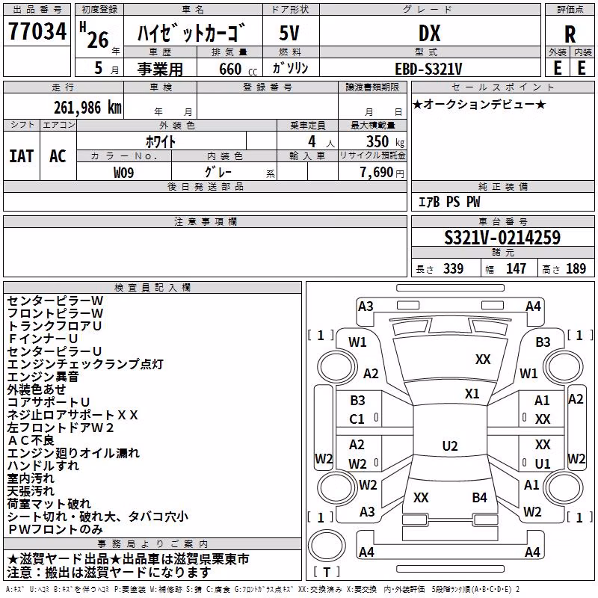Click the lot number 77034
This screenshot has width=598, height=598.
tap(37, 31)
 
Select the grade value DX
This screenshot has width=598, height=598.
tap(429, 33)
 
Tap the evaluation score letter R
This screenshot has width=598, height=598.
tap(570, 34)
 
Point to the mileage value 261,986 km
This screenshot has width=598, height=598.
tap(87, 108)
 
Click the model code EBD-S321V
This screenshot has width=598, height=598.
tap(428, 69)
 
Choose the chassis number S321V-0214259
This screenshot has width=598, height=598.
tap(502, 238)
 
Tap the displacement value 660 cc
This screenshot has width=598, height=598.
tap(238, 69)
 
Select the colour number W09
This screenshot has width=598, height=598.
tap(123, 173)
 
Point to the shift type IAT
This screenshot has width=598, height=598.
tap(22, 156)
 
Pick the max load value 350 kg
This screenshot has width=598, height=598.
tap(385, 141)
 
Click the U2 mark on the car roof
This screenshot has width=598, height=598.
tap(450, 446)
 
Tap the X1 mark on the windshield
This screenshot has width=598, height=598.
tap(472, 394)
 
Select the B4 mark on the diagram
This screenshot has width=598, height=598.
tap(479, 497)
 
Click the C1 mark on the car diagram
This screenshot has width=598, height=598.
tap(357, 419)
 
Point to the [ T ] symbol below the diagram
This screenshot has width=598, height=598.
tap(327, 572)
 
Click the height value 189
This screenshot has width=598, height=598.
tap(576, 268)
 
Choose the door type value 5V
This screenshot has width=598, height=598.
tap(289, 33)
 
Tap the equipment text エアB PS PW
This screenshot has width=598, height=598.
tap(449, 202)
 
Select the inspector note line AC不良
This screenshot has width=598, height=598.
tap(31, 440)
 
